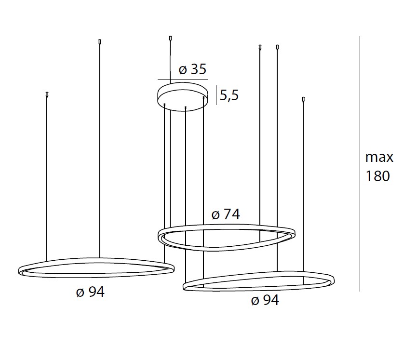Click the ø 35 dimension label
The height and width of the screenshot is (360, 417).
(192, 69)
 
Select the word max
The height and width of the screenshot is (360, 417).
(379, 158)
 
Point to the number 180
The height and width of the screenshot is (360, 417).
(378, 176)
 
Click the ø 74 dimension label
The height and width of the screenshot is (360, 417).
(226, 214)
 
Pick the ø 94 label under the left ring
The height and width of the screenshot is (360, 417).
(91, 292)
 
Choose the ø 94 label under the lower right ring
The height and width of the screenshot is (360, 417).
(265, 301)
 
